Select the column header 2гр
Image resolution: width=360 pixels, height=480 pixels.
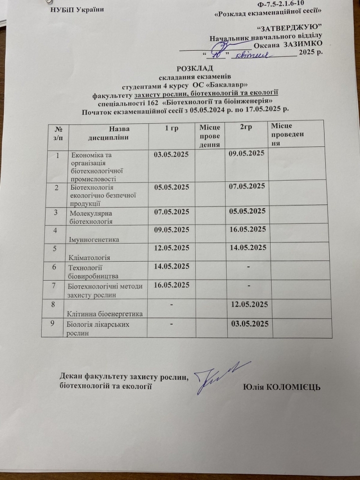coord(245,129)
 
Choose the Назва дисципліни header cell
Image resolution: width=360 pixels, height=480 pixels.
coord(109,134)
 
